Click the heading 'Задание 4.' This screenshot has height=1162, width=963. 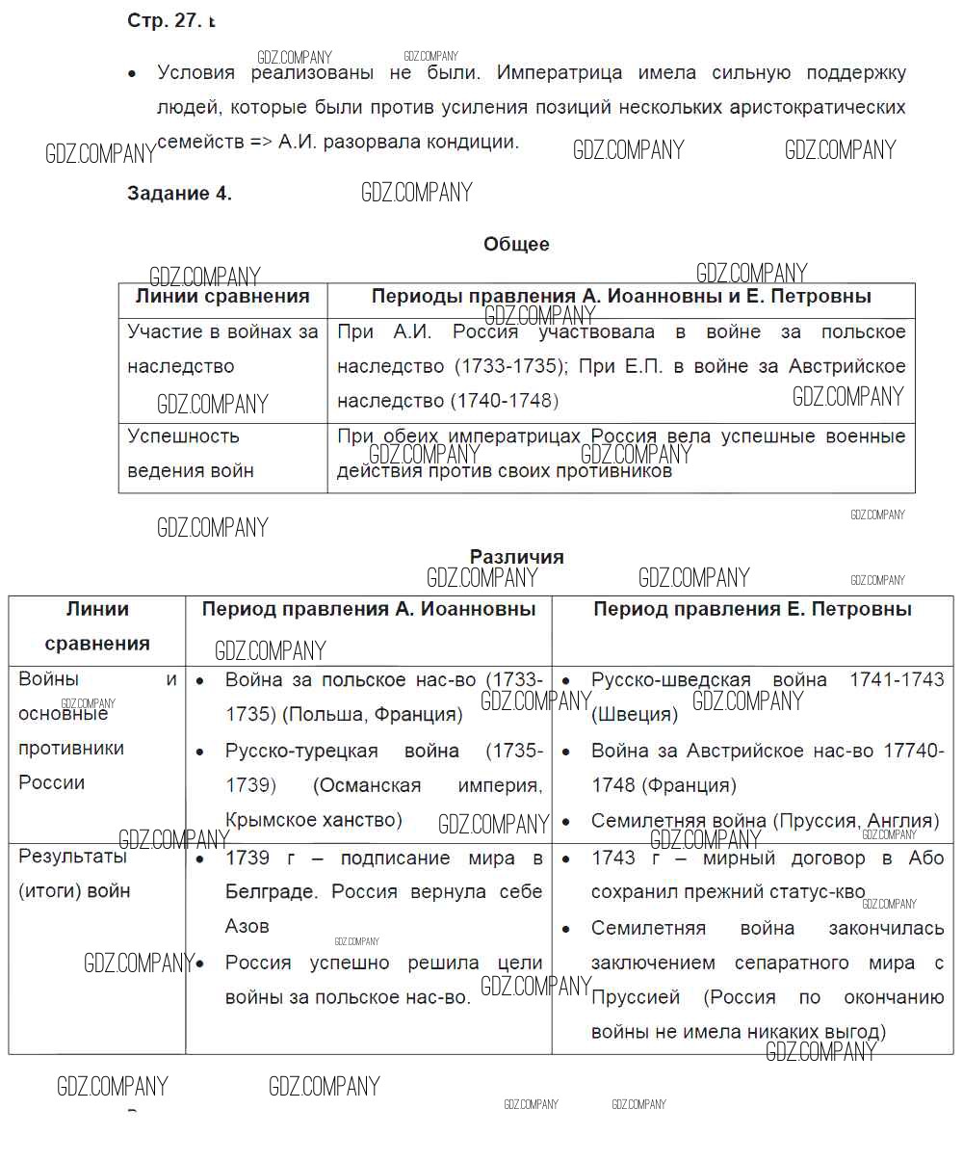point(179,194)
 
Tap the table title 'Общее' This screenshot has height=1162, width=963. point(516,245)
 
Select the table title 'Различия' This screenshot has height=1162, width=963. point(516,557)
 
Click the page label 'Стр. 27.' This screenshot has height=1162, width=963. point(164,21)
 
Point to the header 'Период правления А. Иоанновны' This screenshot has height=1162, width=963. point(369,609)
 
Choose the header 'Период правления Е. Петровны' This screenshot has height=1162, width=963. point(752,609)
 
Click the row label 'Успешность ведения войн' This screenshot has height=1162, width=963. point(191,453)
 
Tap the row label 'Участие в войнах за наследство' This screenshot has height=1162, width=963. point(222,349)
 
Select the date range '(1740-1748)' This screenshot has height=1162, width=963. point(505,401)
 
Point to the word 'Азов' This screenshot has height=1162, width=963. point(247,926)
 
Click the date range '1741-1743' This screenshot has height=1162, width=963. point(897,679)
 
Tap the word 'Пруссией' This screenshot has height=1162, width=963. point(636,997)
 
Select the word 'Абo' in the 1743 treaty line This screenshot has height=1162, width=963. point(926,858)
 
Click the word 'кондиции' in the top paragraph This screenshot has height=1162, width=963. point(473,142)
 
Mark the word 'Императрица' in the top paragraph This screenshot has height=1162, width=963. point(560,73)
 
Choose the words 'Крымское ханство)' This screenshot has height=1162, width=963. point(313,820)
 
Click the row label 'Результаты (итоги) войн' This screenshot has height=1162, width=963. point(74,873)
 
